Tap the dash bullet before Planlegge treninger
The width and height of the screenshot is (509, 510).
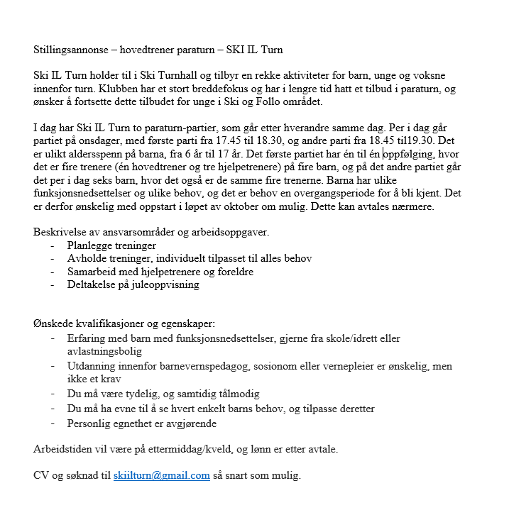click(x=54, y=245)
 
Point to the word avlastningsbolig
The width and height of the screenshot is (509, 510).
click(x=104, y=350)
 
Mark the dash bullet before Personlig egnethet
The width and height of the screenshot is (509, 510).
click(x=54, y=423)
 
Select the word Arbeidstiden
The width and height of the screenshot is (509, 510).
click(x=65, y=449)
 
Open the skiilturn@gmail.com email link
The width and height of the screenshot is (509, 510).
click(x=161, y=475)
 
